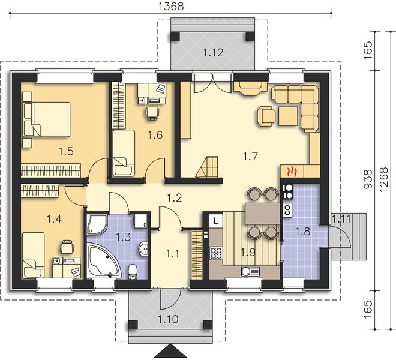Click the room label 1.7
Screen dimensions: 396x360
pyautogui.click(x=250, y=156)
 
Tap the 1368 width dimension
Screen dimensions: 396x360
pyautogui.click(x=171, y=6)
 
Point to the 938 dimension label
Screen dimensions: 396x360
pyautogui.click(x=368, y=179)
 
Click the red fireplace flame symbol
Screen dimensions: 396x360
pyautogui.click(x=292, y=172)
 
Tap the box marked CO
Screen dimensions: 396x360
pyautogui.click(x=287, y=209)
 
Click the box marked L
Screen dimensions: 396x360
pyautogui.click(x=215, y=221)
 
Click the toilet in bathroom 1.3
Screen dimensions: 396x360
pyautogui.click(x=133, y=272)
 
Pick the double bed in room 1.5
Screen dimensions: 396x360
pyautogui.click(x=46, y=119)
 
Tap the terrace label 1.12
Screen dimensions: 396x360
pyautogui.click(x=213, y=53)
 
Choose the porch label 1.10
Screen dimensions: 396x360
pyautogui.click(x=168, y=319)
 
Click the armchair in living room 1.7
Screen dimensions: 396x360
pyautogui.click(x=266, y=116)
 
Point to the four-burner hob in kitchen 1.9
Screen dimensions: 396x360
pyautogui.click(x=216, y=254)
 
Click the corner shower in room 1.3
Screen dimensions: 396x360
pyautogui.click(x=97, y=224)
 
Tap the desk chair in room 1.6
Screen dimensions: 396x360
pyautogui.click(x=152, y=113)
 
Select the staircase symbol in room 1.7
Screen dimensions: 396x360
pyautogui.click(x=208, y=167)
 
